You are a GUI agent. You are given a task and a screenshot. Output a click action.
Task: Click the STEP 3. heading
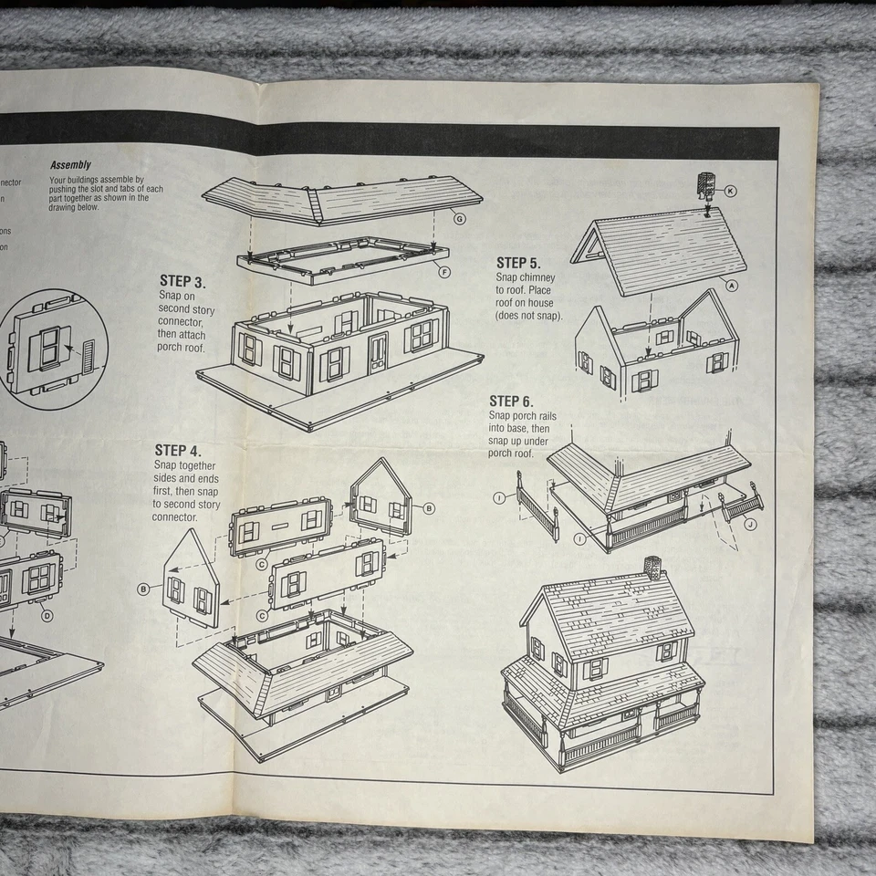pos(188,281)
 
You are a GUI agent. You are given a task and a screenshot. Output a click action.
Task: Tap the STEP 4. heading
pos(178,450)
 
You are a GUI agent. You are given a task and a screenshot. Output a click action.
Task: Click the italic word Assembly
pos(70,165)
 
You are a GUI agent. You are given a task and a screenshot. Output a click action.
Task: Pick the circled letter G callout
pos(459,219)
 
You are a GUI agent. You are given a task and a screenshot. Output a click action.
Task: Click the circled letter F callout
pos(444,271)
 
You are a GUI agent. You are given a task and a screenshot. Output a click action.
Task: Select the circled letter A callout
pos(731,285)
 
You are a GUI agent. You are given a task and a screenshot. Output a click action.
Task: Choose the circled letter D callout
pos(47,615)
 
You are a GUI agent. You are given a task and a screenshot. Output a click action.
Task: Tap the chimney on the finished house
pos(652,567)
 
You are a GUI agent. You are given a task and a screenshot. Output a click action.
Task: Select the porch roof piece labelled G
pos(338,198)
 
